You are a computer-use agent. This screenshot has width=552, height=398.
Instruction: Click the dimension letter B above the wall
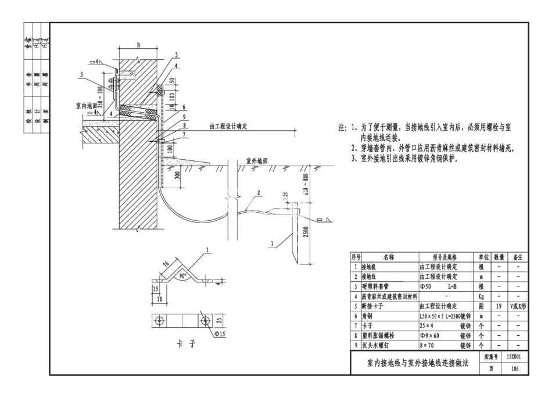[138, 44]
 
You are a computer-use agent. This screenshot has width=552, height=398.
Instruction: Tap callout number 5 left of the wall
[83, 75]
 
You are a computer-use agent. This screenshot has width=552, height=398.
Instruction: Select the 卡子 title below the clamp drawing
[185, 345]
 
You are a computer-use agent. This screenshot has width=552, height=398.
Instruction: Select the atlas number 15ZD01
[514, 358]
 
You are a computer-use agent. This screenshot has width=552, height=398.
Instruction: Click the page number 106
[514, 369]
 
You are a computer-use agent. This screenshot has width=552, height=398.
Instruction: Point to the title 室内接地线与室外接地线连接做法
[413, 364]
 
